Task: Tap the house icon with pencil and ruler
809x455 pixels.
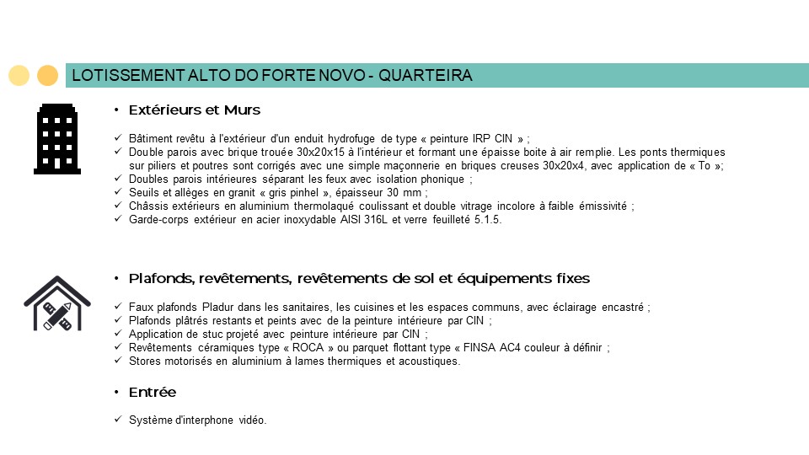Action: (x=56, y=303)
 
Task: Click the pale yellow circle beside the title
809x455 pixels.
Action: (x=19, y=76)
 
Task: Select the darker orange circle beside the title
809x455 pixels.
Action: (x=48, y=76)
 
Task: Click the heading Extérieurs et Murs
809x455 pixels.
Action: (x=195, y=110)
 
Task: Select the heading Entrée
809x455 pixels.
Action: (x=153, y=393)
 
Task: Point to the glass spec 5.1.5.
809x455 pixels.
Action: (x=488, y=220)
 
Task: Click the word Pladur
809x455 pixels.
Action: (x=206, y=307)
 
